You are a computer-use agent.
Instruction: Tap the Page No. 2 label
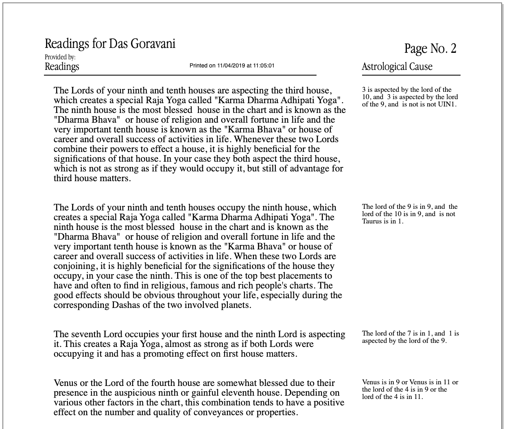tap(430, 49)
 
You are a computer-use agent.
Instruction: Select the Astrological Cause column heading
tap(397, 67)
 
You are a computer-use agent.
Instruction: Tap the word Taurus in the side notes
tap(372, 221)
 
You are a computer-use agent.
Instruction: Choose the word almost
tap(185, 344)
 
